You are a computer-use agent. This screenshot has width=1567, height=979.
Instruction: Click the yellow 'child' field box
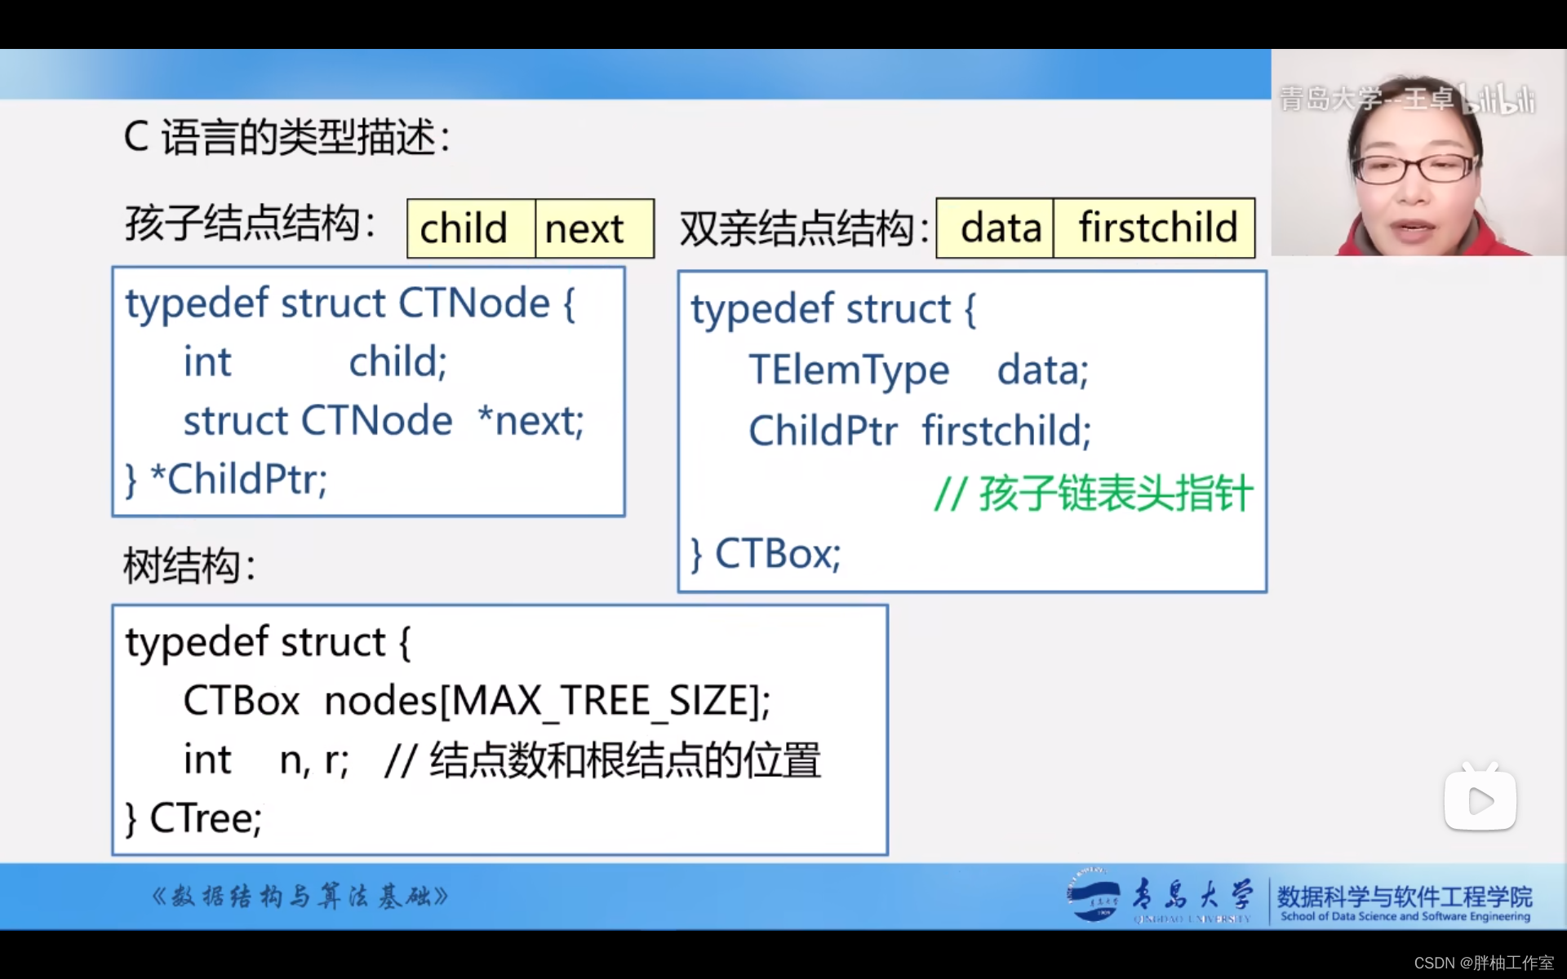[x=471, y=228]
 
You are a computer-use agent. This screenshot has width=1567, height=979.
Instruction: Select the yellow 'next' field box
[x=594, y=228]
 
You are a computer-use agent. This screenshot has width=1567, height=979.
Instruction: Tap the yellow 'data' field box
[x=995, y=228]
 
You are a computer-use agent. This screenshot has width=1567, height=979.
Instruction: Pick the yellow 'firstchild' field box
[x=1154, y=228]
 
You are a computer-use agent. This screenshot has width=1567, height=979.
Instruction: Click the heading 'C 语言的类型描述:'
[x=286, y=137]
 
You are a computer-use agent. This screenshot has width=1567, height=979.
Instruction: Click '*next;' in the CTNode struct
[x=530, y=421]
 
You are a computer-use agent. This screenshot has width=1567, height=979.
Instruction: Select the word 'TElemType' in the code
[x=849, y=370]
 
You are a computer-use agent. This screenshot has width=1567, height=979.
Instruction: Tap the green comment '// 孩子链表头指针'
[x=1093, y=494]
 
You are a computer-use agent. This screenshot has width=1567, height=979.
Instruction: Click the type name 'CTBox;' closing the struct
[x=777, y=554]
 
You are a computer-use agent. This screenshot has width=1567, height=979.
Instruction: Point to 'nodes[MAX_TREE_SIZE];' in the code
[x=547, y=701]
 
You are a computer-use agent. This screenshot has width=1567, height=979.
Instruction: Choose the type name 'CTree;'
[x=206, y=818]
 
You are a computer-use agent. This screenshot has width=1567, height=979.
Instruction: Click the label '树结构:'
[x=189, y=565]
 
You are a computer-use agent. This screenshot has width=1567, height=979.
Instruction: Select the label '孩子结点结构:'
[x=250, y=224]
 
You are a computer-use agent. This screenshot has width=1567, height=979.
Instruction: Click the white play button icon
[x=1480, y=801]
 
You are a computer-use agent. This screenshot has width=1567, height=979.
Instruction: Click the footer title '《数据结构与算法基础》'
[x=300, y=897]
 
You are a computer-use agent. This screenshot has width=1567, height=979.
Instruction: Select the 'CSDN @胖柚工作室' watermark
[x=1483, y=963]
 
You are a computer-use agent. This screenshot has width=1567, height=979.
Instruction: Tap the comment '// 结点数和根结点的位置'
[x=602, y=760]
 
